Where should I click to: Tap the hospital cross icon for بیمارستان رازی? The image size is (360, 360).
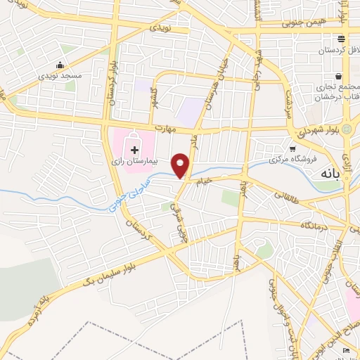point(134,150)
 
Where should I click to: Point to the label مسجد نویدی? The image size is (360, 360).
point(60,75)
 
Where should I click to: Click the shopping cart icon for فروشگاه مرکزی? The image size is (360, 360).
point(292,149)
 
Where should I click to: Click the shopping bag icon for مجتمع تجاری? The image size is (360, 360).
point(339,76)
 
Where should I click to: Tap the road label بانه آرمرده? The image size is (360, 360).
point(39,309)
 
